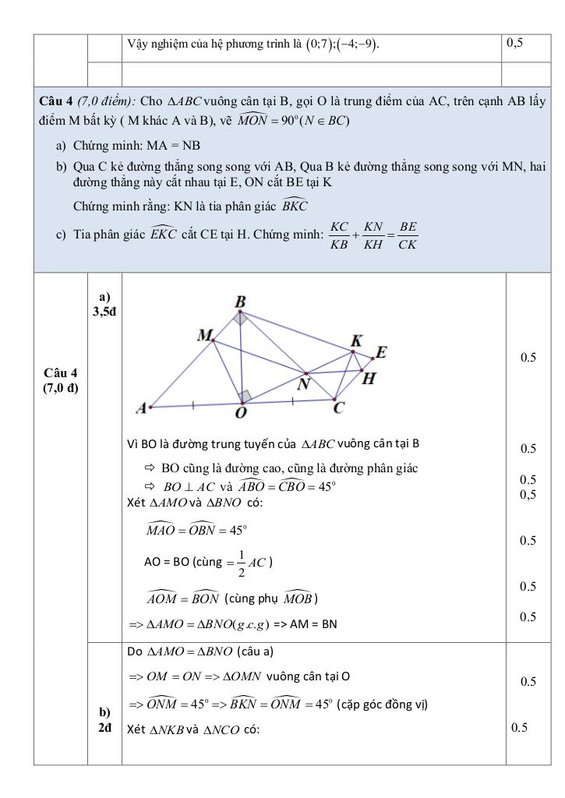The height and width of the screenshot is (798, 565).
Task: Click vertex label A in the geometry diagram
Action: tap(142, 408)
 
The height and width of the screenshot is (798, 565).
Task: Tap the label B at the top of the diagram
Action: tap(241, 302)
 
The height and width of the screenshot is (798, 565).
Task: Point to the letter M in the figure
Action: tap(205, 335)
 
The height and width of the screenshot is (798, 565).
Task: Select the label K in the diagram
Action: tap(356, 341)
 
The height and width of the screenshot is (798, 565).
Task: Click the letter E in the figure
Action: tap(381, 352)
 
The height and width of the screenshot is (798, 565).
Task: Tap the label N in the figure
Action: tap(305, 383)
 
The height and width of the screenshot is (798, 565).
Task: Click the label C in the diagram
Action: tap(339, 407)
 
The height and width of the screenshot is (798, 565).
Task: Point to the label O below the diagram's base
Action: tap(242, 413)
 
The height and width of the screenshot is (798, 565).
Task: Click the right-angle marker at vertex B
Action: tap(241, 318)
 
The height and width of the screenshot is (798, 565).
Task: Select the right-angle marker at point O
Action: tap(245, 396)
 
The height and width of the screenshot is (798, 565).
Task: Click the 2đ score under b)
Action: tap(104, 728)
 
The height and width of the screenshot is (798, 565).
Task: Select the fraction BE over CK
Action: tap(407, 235)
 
